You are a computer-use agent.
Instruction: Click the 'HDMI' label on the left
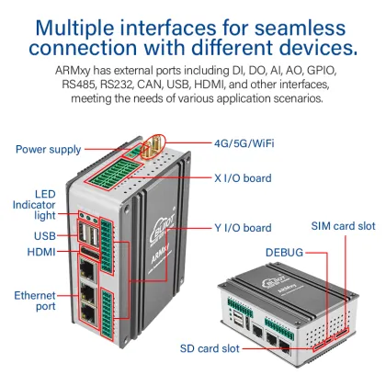pos(41,251)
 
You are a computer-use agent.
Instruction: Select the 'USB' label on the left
pos(45,234)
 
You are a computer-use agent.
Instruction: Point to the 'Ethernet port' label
pos(35,301)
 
